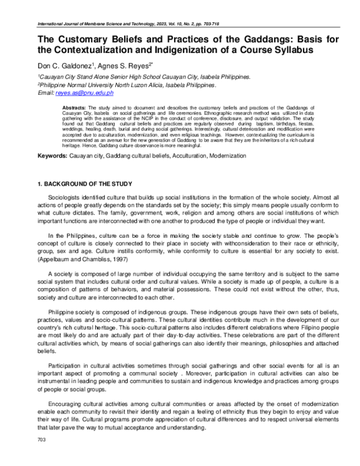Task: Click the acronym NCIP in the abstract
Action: click(x=143, y=118)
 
